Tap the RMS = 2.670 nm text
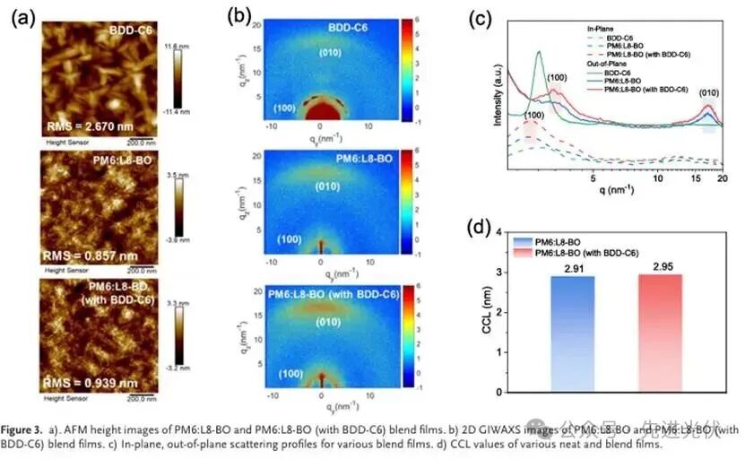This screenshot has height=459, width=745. coord(89,126)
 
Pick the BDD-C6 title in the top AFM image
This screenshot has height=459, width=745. coord(129,30)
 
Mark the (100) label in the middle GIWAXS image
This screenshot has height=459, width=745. coord(289,239)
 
